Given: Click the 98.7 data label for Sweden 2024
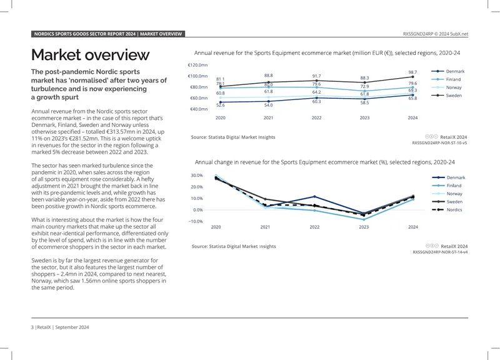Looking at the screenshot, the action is click(x=412, y=72).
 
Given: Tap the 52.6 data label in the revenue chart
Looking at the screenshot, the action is click(x=221, y=105).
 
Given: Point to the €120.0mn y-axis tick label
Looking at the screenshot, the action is click(x=197, y=65).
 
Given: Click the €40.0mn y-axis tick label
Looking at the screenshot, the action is click(x=199, y=109).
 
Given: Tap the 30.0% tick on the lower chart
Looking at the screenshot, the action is click(x=197, y=176).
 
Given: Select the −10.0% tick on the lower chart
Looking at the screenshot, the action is click(x=196, y=221).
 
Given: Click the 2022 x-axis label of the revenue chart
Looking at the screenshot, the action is click(x=316, y=117).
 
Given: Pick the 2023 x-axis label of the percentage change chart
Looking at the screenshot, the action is click(x=364, y=227).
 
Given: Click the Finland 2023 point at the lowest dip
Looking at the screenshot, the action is click(x=364, y=219).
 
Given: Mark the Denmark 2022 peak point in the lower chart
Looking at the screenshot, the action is click(x=314, y=197).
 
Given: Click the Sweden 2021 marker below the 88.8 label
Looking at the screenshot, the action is click(x=269, y=82).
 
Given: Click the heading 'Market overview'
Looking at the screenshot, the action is click(x=90, y=55).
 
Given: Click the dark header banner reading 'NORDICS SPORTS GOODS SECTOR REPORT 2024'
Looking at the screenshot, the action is click(x=108, y=34).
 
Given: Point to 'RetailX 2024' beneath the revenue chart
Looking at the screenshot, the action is click(x=454, y=137).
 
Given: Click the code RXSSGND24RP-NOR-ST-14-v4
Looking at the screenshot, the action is click(x=440, y=252).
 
